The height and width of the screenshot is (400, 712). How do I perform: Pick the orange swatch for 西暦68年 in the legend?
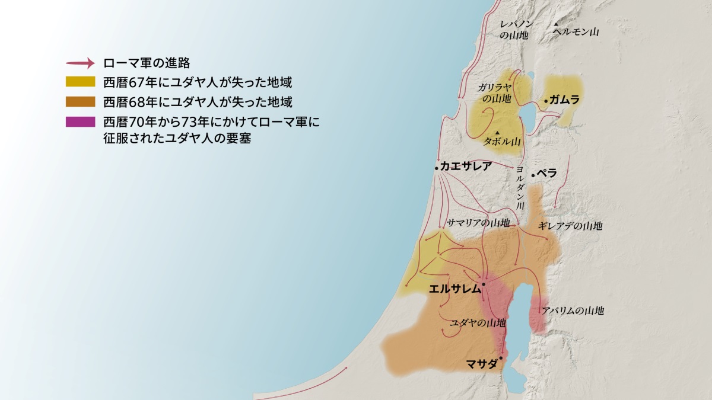coord(80,101)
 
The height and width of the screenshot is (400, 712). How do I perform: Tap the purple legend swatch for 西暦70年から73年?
coord(80,121)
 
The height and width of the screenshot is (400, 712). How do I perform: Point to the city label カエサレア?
coord(466,167)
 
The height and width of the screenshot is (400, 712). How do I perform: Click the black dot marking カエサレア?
coord(437,168)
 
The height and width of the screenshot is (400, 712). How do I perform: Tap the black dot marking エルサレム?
coord(484,285)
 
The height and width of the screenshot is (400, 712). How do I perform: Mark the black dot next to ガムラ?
coord(546,101)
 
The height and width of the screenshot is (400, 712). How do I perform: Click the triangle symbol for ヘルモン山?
coord(556,25)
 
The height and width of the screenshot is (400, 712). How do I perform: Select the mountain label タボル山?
coord(502,142)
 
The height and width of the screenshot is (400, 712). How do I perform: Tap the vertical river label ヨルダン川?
coord(520,187)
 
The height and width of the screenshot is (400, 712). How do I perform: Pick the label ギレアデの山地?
coord(570,226)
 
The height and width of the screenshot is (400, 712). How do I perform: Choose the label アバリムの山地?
coord(573,311)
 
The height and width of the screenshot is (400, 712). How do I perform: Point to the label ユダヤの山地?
coord(478,323)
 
